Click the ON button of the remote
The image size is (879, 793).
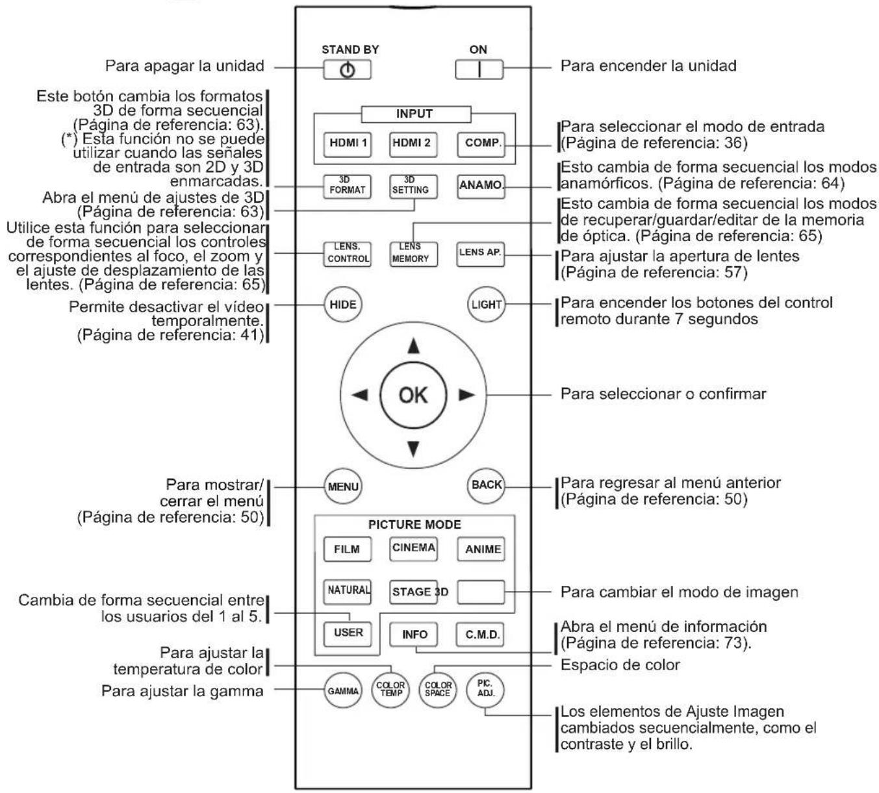479,69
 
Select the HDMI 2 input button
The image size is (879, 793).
413,144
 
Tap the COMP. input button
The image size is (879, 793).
481,144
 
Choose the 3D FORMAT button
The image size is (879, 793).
347,186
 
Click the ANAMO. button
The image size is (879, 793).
481,186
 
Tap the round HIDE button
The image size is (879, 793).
343,305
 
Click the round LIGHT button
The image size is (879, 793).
486,304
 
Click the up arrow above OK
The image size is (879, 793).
413,346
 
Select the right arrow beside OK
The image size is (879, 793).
467,395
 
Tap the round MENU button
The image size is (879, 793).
343,486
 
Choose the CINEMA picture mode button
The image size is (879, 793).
413,549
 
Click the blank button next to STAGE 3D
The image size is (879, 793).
481,592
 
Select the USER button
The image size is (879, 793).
348,634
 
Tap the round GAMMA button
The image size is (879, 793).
343,691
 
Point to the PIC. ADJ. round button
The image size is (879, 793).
485,690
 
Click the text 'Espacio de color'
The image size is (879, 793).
620,665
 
